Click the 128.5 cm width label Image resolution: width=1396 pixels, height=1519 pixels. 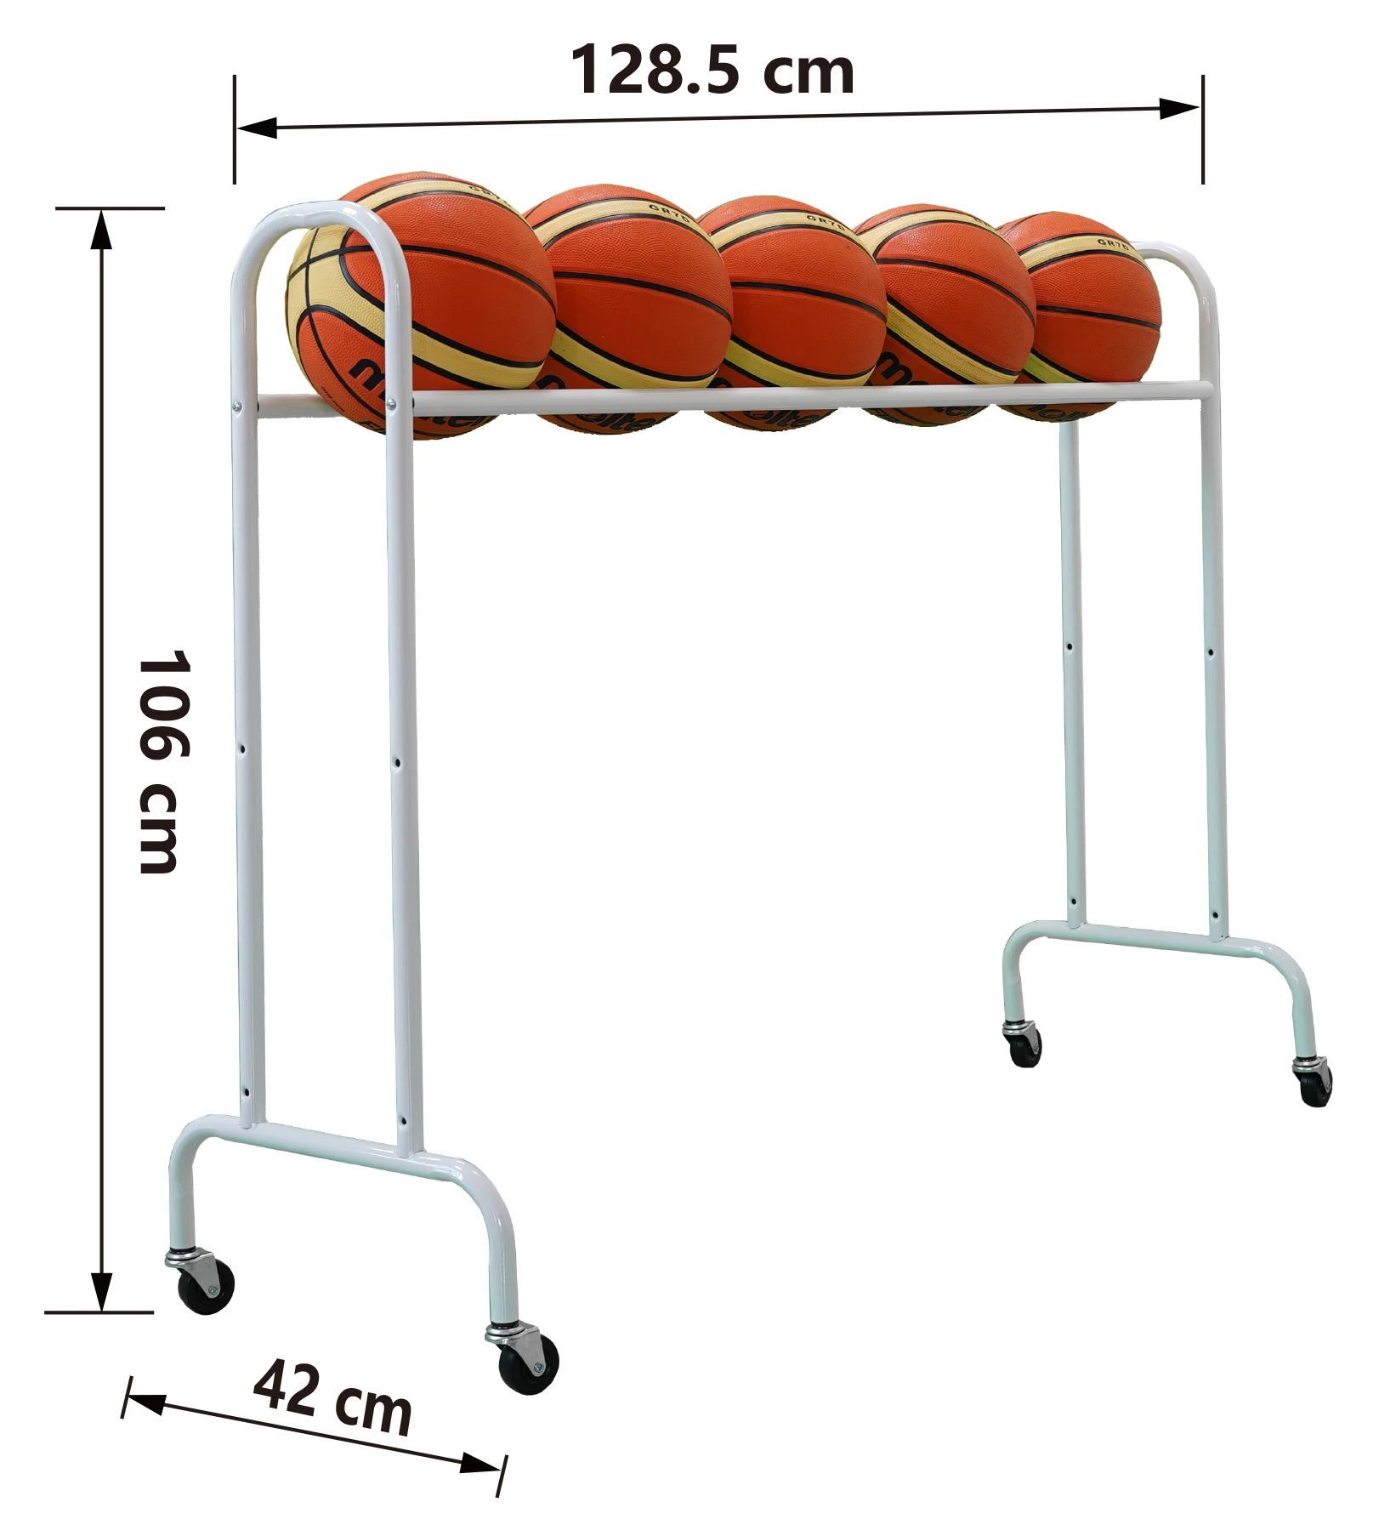(x=712, y=70)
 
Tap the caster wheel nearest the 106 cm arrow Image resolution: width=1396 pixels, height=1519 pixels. (x=205, y=1285)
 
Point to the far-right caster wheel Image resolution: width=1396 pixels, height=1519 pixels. (x=1314, y=1084)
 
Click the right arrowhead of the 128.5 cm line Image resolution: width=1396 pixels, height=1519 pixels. (x=1180, y=108)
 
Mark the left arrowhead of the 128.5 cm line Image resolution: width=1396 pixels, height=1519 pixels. (x=255, y=128)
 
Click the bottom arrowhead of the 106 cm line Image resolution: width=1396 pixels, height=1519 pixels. (x=101, y=1291)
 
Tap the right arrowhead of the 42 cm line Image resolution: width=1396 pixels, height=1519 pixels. (x=480, y=1465)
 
